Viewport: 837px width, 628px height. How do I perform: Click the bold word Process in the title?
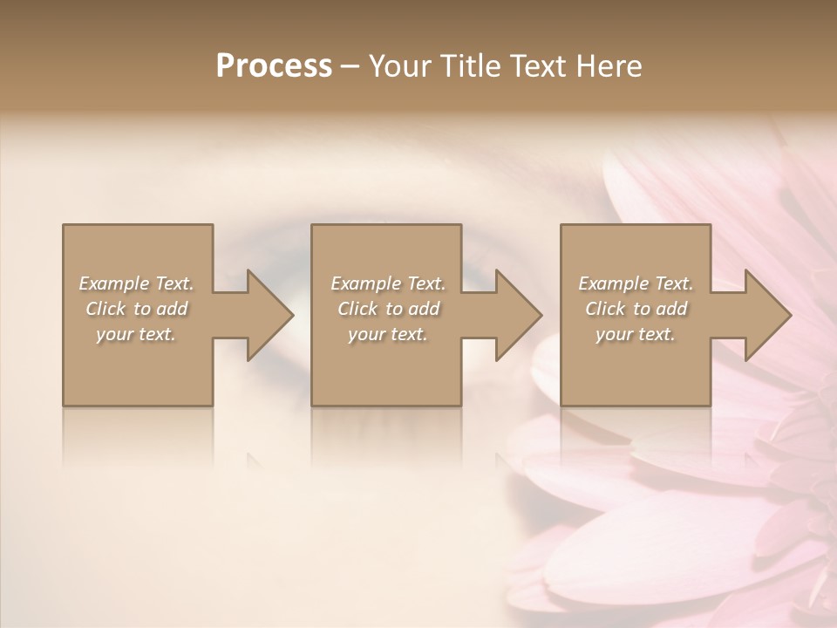click(274, 66)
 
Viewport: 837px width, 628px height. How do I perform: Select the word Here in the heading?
click(610, 66)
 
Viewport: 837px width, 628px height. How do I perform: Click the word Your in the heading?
click(401, 66)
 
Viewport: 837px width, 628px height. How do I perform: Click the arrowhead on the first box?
click(266, 315)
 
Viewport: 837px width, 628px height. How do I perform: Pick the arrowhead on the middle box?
click(515, 315)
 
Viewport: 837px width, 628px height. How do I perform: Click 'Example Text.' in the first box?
click(136, 283)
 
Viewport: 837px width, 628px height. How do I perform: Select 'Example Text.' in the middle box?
click(388, 283)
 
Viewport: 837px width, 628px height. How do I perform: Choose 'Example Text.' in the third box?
click(636, 283)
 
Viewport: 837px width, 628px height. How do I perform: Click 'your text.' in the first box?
click(136, 334)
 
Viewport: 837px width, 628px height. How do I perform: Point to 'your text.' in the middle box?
click(388, 334)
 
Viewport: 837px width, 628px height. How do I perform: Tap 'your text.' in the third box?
click(636, 334)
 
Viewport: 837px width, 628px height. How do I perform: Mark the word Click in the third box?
click(606, 309)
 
